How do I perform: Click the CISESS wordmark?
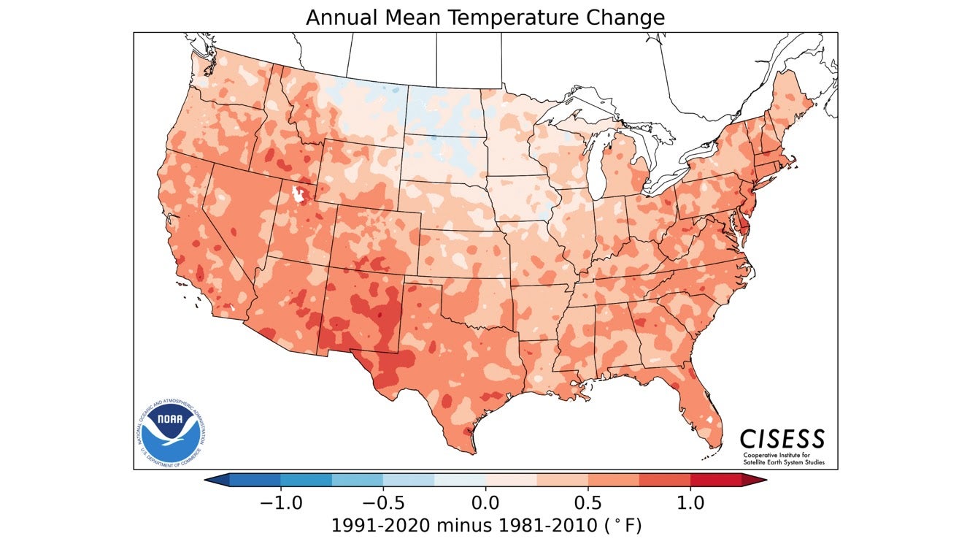click(782, 439)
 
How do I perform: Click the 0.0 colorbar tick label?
click(486, 503)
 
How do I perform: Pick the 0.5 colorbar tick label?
click(588, 503)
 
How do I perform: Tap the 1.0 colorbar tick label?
click(690, 503)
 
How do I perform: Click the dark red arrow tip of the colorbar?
click(755, 480)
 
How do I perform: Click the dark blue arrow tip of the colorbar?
click(217, 480)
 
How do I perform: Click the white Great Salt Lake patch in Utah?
click(298, 195)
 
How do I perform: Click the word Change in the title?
click(630, 18)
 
